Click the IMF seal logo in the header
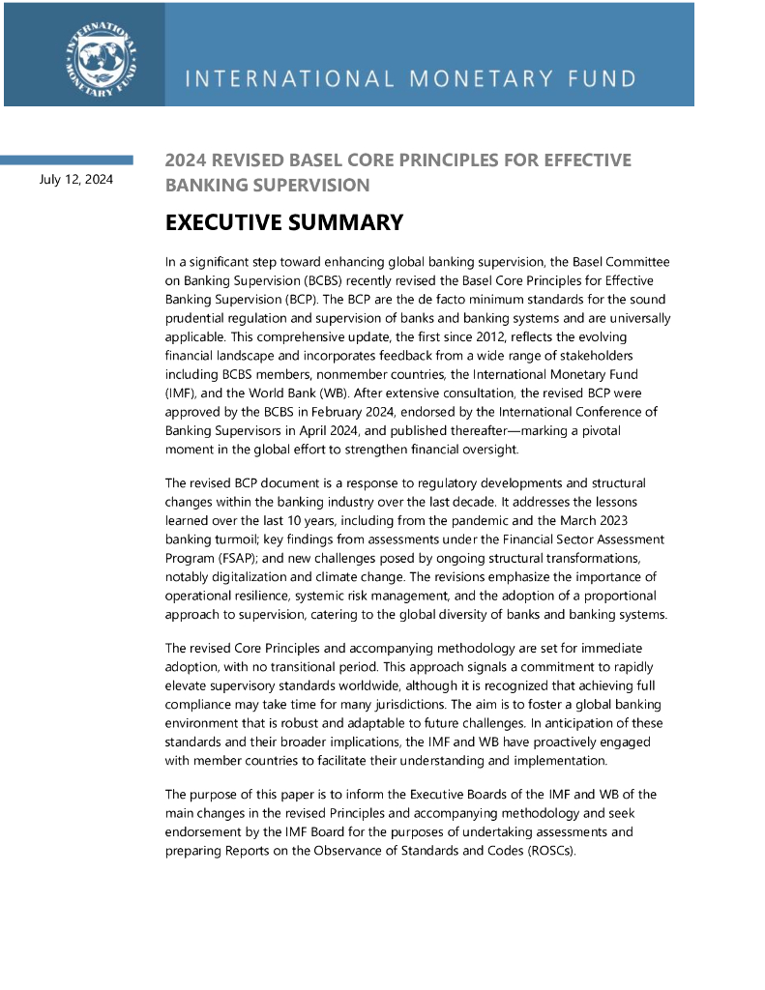pos(101,54)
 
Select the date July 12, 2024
pos(76,179)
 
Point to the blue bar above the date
pos(67,160)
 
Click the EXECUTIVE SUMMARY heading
pos(283,222)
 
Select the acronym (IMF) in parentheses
pos(181,391)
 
